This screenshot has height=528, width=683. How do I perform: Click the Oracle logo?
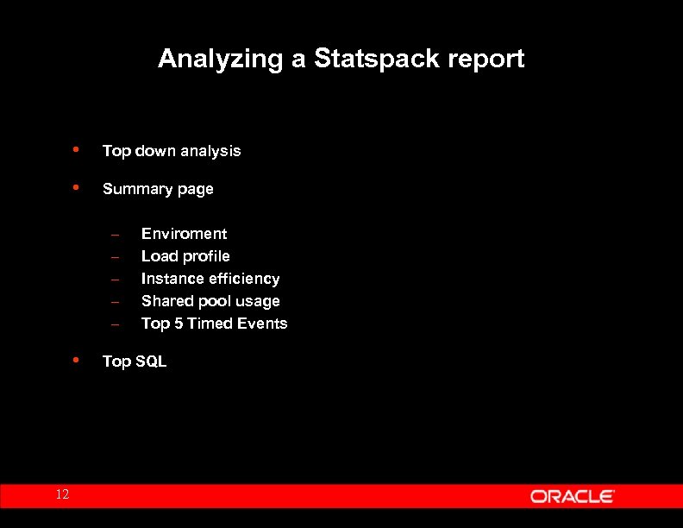(x=572, y=496)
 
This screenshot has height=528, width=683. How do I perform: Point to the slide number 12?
(x=62, y=494)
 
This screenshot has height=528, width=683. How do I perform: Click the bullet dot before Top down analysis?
(x=78, y=149)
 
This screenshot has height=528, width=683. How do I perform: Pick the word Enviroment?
(x=185, y=234)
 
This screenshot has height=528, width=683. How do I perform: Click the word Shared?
(x=166, y=301)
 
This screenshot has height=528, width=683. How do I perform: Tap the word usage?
(x=259, y=301)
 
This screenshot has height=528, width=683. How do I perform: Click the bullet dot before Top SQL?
(x=78, y=360)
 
